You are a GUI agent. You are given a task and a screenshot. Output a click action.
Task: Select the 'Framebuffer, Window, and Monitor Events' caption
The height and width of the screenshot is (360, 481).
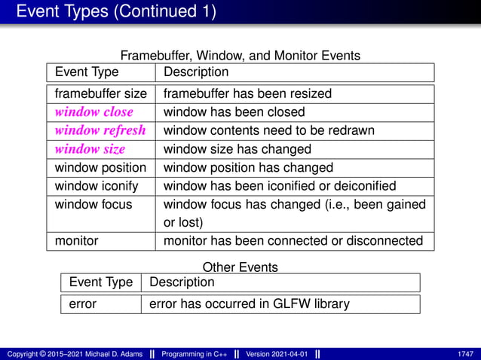(240, 55)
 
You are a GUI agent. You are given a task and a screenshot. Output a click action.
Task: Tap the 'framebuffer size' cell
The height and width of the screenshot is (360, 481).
(101, 94)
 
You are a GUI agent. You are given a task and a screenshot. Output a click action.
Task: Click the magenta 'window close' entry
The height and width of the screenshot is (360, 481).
(94, 112)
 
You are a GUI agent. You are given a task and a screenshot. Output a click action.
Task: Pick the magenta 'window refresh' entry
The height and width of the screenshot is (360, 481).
(100, 130)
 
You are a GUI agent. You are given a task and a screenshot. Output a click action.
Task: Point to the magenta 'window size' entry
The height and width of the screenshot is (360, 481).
(90, 149)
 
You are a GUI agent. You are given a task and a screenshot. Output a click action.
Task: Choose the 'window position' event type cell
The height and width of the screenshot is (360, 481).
(100, 167)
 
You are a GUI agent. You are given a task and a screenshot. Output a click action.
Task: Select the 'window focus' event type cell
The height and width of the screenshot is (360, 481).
(93, 204)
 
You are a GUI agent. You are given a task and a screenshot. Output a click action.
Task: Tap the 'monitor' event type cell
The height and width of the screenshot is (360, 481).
(78, 241)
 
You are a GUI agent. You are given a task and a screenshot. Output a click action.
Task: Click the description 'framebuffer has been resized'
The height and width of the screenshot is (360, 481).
(247, 94)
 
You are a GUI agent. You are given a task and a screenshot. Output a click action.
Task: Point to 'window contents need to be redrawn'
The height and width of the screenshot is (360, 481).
(269, 130)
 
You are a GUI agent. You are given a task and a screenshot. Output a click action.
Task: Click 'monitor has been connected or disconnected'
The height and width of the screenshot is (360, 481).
(293, 241)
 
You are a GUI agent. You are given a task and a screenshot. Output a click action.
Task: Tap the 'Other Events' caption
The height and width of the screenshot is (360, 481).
(240, 267)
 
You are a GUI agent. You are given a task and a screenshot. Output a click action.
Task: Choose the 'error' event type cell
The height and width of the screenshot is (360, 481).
(83, 304)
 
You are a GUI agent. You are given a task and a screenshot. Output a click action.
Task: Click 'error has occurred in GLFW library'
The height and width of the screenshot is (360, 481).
(250, 304)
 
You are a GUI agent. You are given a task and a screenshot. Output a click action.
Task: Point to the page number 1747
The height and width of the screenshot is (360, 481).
(465, 353)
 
